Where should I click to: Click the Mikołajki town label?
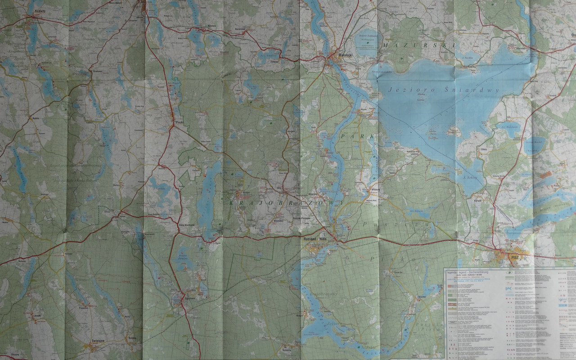coord(346,56)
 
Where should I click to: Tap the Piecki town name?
coord(178,121)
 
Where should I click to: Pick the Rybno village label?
coord(36,118)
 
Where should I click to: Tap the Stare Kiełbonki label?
coord(186,225)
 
